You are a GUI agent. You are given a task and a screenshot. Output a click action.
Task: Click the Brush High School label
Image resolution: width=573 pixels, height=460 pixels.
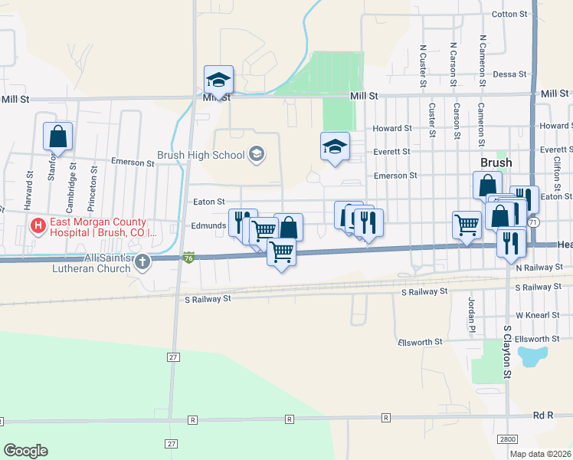coord(201,155)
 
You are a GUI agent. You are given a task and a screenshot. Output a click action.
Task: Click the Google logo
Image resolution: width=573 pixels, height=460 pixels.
coord(25,451)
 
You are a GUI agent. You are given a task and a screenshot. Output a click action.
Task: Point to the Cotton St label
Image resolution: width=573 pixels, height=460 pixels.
coord(510,14)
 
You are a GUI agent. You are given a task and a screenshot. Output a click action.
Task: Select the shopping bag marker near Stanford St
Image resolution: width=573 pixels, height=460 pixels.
coord(58,139)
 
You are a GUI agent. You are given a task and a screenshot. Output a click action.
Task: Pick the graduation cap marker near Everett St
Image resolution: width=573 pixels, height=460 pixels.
coord(335,147)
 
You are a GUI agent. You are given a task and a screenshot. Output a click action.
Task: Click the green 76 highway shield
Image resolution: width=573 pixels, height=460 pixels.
coord(188,257)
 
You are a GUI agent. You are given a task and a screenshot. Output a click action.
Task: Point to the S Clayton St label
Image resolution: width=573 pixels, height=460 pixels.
coord(507,352)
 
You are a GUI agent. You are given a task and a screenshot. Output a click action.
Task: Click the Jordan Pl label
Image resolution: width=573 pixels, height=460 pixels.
coord(471,311)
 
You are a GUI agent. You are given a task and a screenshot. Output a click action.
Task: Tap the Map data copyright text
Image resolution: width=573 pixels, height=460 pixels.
coord(541,454)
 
